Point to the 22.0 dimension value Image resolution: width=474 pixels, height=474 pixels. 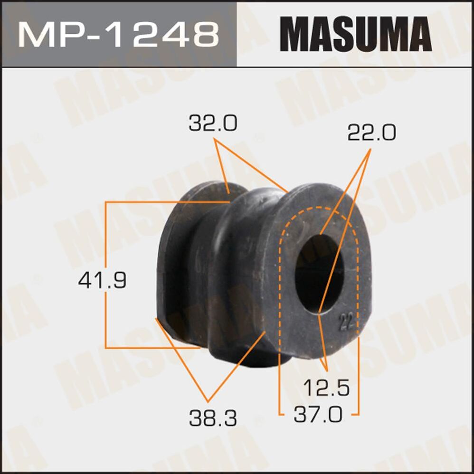pyautogui.click(x=371, y=133)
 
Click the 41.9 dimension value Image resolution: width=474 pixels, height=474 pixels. pyautogui.click(x=102, y=281)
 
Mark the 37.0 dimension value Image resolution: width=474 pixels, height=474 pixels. pyautogui.click(x=318, y=415)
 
